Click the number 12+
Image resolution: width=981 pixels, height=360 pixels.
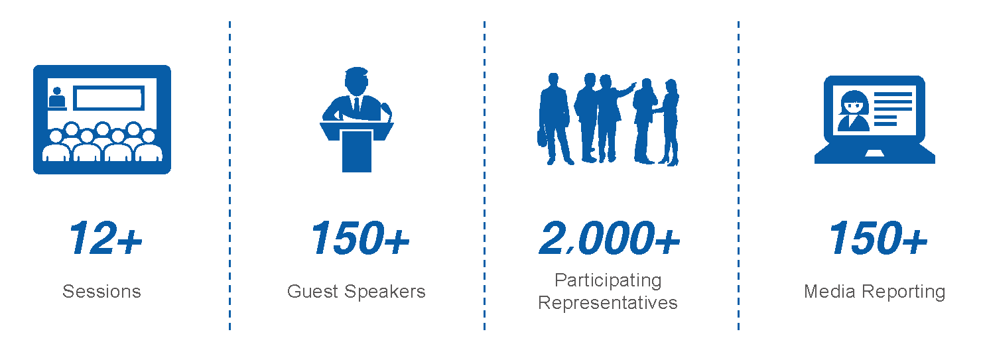point(105,238)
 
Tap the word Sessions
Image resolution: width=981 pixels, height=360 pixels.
point(101,292)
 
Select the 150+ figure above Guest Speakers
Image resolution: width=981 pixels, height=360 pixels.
point(360,238)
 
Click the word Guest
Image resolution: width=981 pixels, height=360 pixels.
point(312,292)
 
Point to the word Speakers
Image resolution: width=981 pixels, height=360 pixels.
point(385,292)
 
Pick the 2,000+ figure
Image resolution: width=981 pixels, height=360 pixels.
point(609,238)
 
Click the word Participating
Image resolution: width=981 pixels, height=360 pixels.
point(608,281)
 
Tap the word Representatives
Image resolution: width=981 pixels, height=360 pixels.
point(608,303)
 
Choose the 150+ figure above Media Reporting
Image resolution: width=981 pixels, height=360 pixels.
point(878,238)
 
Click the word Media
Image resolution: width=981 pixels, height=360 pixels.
point(830,292)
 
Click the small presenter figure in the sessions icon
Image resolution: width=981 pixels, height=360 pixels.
point(57,98)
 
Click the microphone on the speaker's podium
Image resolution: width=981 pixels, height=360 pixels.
point(387,111)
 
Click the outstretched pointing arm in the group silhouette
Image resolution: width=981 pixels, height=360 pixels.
point(624,90)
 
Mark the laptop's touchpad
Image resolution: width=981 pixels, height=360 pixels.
point(874,153)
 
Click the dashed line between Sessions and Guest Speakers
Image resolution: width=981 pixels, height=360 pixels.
point(230,175)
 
